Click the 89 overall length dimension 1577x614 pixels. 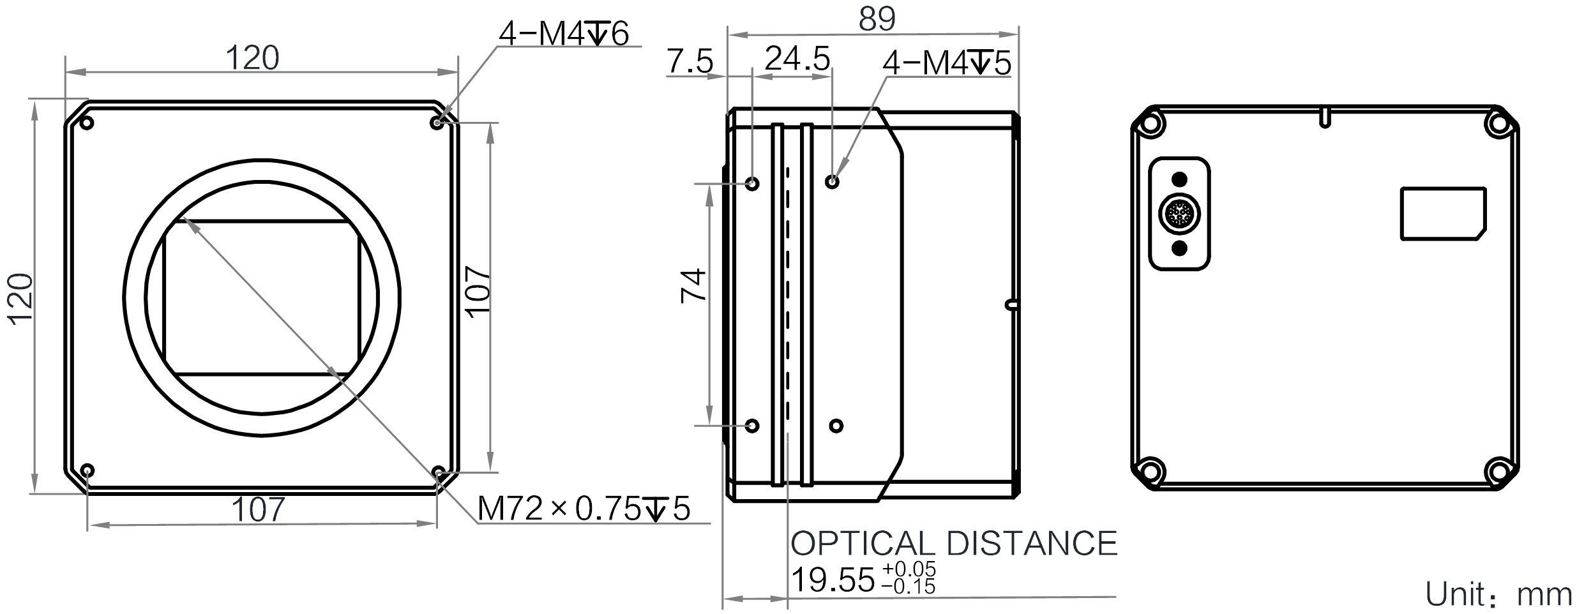coord(877,19)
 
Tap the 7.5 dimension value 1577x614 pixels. coord(690,63)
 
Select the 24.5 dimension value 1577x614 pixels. coord(797,59)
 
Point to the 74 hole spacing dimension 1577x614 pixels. coord(694,285)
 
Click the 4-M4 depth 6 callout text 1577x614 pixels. coord(563,33)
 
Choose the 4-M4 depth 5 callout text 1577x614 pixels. coord(947,63)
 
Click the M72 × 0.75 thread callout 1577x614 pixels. coord(584,509)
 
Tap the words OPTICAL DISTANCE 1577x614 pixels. coord(954,543)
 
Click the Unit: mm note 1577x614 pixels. coord(1498,595)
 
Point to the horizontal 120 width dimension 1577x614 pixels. coord(253,58)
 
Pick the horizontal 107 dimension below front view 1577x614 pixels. coord(257,510)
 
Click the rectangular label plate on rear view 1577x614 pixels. coord(1443,214)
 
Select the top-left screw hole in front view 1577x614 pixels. coord(87,123)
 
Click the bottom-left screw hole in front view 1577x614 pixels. coord(88,471)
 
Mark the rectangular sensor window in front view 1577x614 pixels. coord(262,298)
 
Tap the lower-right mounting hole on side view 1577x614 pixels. coord(836,426)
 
